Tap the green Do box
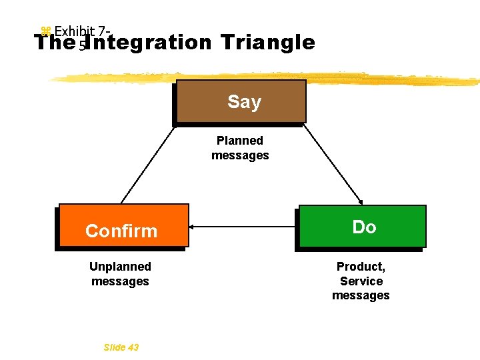point(362,227)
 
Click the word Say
point(244,102)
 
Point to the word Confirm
point(121,231)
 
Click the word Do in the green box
point(364,227)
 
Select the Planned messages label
point(240,148)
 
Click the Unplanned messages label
point(120,274)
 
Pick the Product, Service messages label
point(361,281)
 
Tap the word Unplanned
point(120,267)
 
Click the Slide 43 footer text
point(121,347)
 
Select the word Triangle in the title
point(267,43)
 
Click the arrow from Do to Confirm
point(243,227)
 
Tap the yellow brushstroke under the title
point(267,77)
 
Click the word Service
point(361,281)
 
